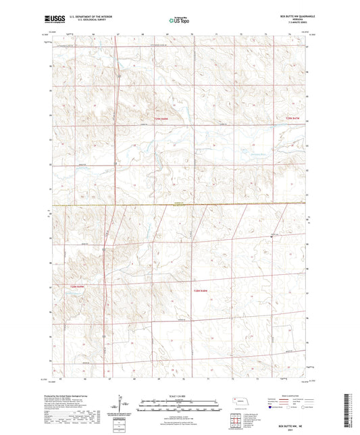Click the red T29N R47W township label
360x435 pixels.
click(291, 119)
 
